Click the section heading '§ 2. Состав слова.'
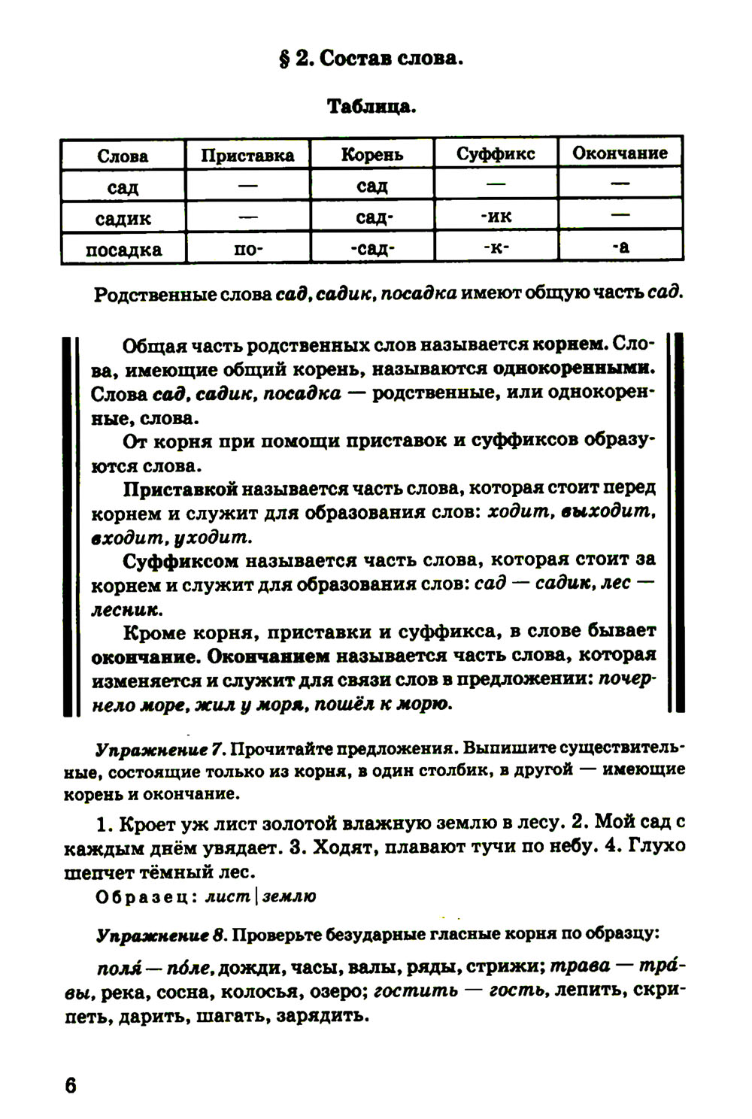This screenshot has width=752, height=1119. tap(371, 58)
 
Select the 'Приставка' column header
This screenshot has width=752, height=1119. tap(247, 155)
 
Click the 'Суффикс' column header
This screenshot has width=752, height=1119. tap(496, 153)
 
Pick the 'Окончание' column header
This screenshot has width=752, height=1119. tap(620, 153)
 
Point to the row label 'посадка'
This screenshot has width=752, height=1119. tap(123, 249)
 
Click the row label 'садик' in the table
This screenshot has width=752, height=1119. tap(123, 218)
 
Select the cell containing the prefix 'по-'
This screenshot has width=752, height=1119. tap(247, 249)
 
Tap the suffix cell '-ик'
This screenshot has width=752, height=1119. tap(496, 217)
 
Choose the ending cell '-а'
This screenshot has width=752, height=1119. tap(620, 247)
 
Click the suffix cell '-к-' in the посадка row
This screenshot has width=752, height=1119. tap(496, 247)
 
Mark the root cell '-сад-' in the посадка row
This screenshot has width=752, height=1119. tap(371, 249)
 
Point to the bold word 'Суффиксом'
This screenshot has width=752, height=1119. tap(180, 560)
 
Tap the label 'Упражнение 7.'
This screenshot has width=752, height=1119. tap(160, 750)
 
